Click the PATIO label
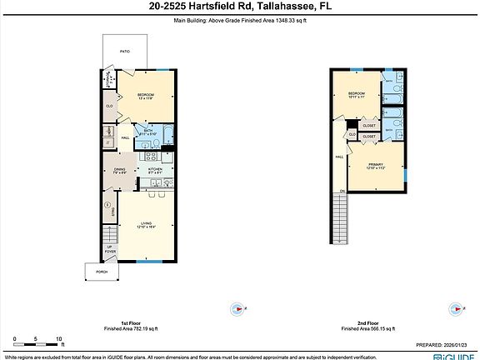pos(124,52)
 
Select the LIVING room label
pos(146,223)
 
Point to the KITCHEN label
pos(155,169)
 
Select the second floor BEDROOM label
pos(357,93)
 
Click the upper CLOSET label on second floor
pos(369,127)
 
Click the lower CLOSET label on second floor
pos(369,137)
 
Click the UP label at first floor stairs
pos(108,247)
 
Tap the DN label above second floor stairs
pos(341,192)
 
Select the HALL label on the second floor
pos(340,157)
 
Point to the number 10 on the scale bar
pos(58,338)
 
